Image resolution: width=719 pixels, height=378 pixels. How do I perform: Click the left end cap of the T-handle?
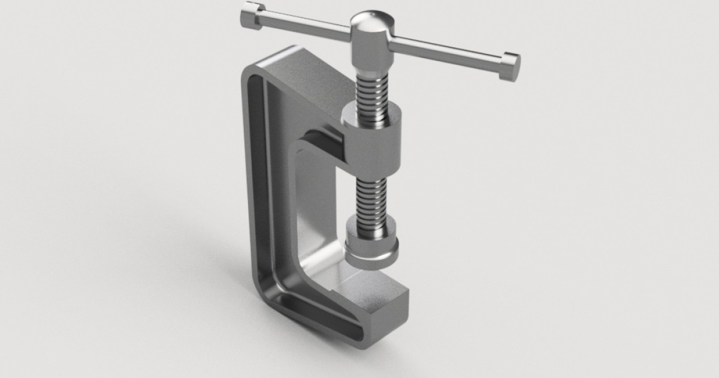250,14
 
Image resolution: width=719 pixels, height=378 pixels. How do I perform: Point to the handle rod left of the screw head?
306,28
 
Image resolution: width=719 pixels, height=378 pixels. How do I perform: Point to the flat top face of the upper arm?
300,78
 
